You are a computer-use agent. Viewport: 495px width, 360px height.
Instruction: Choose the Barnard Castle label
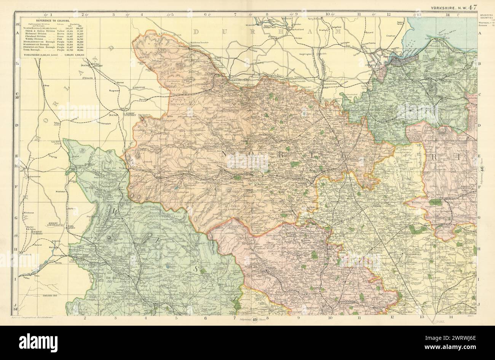click(235, 80)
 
